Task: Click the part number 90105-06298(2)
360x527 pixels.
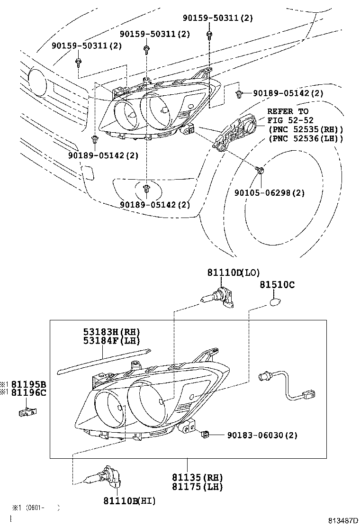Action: (270, 192)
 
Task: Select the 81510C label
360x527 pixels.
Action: (277, 284)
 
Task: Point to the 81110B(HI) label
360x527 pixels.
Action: (129, 500)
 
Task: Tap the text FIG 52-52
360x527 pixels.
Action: (290, 120)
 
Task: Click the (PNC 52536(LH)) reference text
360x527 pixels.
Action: (306, 138)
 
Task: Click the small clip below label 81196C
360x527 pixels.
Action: (27, 412)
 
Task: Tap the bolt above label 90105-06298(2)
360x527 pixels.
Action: (260, 170)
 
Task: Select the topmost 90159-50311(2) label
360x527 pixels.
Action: (218, 18)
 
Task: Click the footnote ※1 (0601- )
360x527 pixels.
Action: (36, 508)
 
